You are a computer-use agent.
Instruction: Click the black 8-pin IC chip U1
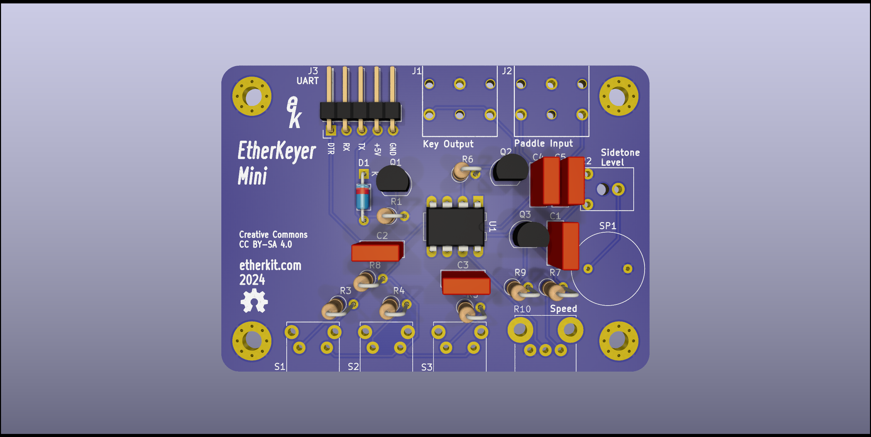455,226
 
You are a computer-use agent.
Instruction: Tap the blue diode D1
363,197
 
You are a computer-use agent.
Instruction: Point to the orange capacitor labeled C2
377,251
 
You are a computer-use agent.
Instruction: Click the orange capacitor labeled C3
465,282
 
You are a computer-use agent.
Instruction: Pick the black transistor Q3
530,235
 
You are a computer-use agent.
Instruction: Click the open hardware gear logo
254,301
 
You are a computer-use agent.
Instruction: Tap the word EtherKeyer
276,151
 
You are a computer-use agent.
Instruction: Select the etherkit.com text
270,265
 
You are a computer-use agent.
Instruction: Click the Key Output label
448,144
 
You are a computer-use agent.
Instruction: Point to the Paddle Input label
543,143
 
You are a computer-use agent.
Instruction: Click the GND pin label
393,149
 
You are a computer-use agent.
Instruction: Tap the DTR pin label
331,149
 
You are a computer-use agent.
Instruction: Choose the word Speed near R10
564,309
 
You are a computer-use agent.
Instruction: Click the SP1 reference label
607,226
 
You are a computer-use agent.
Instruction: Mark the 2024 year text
252,280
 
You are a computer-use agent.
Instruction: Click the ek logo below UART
294,112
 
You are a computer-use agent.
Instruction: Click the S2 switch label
353,366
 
